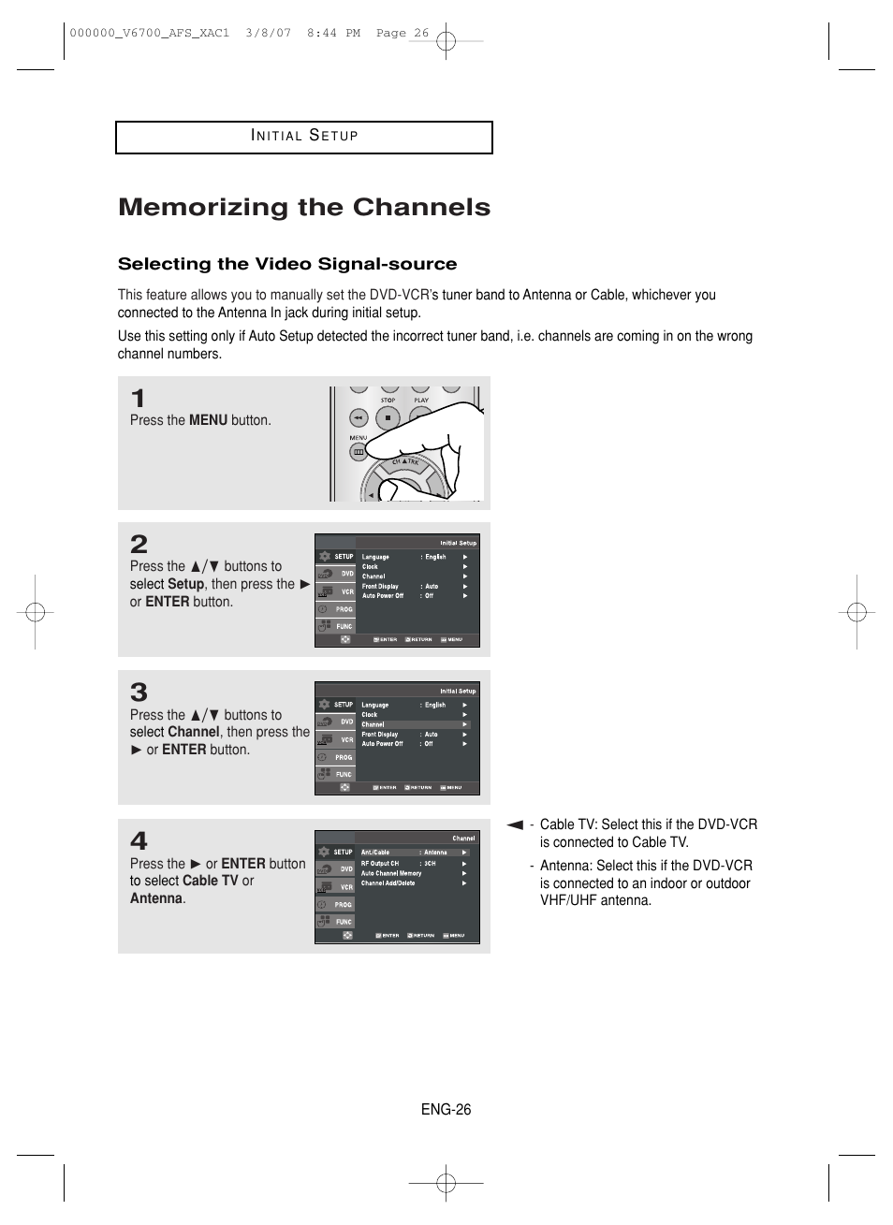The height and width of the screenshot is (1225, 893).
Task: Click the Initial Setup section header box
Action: coord(304,137)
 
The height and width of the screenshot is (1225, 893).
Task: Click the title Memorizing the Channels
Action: coord(304,207)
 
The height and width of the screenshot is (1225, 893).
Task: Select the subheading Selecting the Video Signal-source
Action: coord(287,264)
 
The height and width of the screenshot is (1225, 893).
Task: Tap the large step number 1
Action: coord(139,399)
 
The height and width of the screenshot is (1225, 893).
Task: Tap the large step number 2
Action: coord(139,544)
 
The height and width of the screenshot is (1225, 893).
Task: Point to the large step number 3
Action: coord(139,693)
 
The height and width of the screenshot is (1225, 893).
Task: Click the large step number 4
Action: coord(139,840)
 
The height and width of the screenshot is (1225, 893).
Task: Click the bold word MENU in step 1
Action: coord(208,421)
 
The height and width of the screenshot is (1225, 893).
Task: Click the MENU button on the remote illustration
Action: coord(359,452)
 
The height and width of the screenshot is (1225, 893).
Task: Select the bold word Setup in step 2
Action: coord(185,584)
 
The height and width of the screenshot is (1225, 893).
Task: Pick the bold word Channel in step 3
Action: coord(194,733)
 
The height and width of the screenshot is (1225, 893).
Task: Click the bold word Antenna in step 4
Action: coord(156,898)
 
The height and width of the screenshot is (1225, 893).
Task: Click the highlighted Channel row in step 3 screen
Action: coord(413,724)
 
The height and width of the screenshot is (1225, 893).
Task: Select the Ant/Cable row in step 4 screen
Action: coord(413,853)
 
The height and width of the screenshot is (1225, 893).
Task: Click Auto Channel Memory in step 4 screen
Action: coord(391,873)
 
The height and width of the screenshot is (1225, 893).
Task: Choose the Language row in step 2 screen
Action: coord(413,557)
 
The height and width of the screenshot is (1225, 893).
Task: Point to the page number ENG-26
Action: coord(446,1110)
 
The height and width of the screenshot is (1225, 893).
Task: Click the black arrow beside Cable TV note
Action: coord(515,825)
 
